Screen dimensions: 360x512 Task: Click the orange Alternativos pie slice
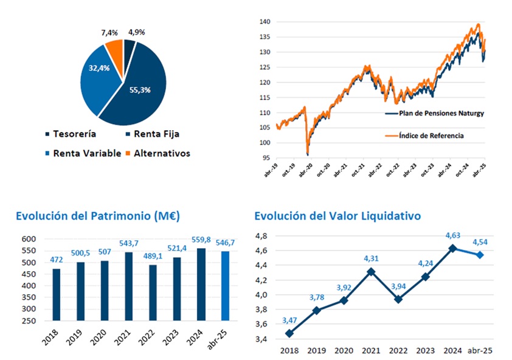pos(115,47)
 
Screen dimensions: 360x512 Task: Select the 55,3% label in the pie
pos(140,89)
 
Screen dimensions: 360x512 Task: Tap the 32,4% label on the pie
pos(99,68)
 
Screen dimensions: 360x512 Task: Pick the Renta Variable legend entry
pos(83,153)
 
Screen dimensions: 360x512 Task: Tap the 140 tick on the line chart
pos(264,21)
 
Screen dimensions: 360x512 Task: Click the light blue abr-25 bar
pos(225,286)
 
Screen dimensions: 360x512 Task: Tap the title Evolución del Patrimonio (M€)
pos(97,216)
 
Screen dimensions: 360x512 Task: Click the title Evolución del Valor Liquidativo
pos(337,216)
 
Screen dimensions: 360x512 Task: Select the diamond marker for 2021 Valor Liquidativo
pos(370,272)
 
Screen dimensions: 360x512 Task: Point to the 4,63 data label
pos(452,238)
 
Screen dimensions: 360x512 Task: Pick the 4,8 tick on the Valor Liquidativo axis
pos(261,235)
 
